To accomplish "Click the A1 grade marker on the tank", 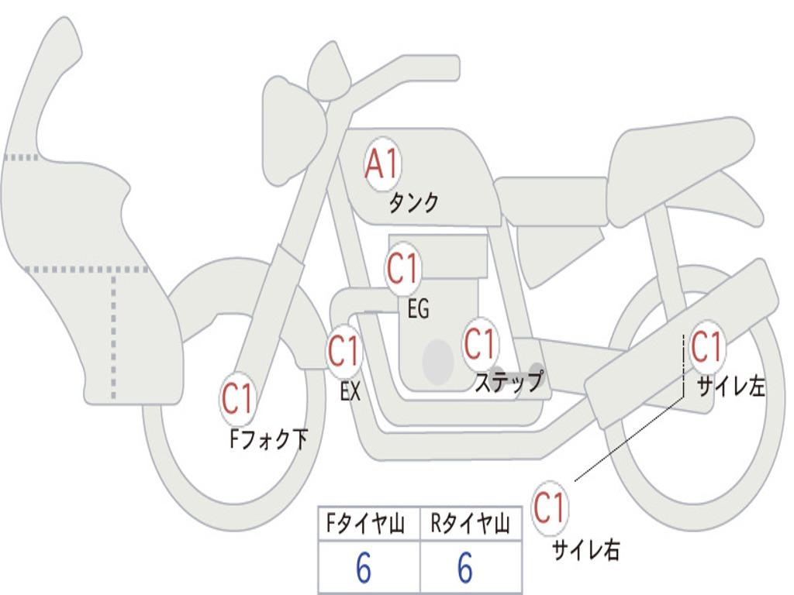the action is point(381,164).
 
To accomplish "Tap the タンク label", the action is point(413,203).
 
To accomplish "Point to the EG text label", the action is point(418,310).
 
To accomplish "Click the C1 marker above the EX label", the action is point(343,351).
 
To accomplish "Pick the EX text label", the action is point(350,392).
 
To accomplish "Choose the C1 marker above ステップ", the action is point(479,342).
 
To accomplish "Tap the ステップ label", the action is point(508,382).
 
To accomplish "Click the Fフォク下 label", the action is point(268,440).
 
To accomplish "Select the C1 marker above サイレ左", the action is point(706,346).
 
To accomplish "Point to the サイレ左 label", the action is point(730,387).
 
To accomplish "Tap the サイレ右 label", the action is point(586,550).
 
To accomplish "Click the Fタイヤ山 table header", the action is point(368,524).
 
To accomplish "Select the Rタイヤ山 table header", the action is point(470,524).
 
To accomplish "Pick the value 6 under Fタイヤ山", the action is point(364,569).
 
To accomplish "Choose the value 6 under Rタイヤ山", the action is point(465,569).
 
